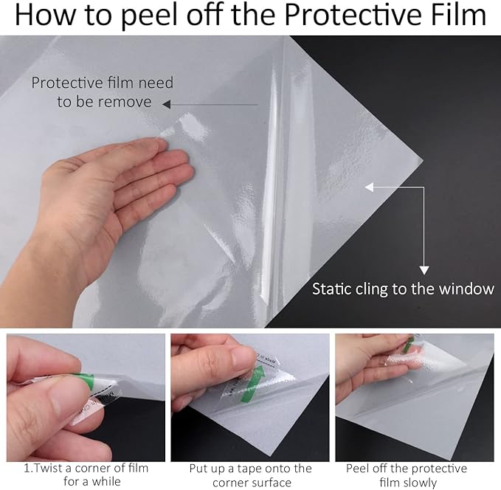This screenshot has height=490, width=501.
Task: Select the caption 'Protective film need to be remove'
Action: tap(102, 92)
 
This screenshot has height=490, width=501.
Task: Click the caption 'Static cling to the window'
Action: tap(403, 289)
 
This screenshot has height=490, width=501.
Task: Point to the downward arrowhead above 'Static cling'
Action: tap(424, 269)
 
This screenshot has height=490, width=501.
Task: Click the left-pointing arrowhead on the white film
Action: tap(370, 187)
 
